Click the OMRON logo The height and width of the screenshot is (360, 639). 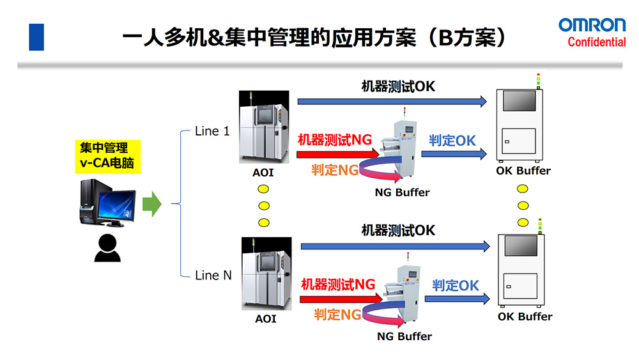[592, 25]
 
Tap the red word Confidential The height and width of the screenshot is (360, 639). [596, 42]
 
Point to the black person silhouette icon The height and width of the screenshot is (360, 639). [107, 248]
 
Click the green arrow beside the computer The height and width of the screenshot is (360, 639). [151, 204]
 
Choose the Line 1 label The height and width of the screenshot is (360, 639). [212, 132]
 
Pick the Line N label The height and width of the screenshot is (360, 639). [213, 276]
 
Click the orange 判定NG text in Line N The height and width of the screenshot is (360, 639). [337, 314]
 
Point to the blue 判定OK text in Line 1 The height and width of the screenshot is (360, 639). [452, 140]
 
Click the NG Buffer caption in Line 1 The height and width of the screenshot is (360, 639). [403, 192]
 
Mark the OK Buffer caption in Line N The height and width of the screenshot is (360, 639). [525, 317]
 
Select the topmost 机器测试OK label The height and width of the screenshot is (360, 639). [398, 86]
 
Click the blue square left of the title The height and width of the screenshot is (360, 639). [36, 36]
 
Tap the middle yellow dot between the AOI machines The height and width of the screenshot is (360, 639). [263, 206]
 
